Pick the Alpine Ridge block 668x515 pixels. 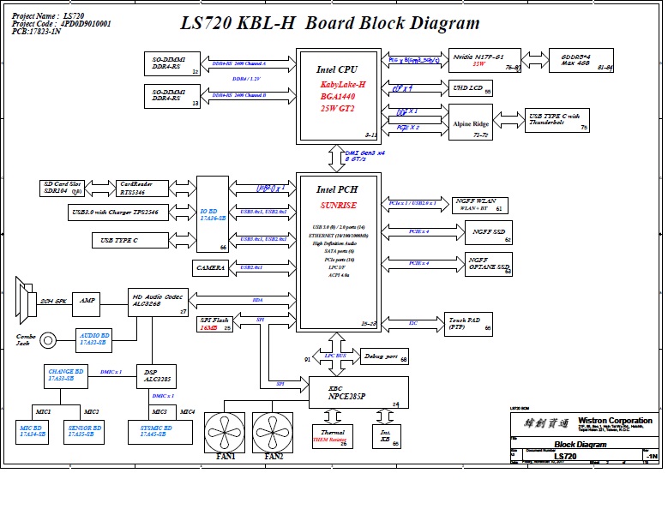pos(470,125)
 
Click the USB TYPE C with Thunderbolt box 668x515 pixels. pos(557,121)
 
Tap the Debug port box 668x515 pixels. pos(383,356)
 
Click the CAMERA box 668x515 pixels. pos(211,268)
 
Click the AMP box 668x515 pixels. pos(87,302)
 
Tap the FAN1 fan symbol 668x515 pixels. pos(226,431)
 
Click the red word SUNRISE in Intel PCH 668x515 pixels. pos(339,206)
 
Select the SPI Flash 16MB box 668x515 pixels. pos(214,323)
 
